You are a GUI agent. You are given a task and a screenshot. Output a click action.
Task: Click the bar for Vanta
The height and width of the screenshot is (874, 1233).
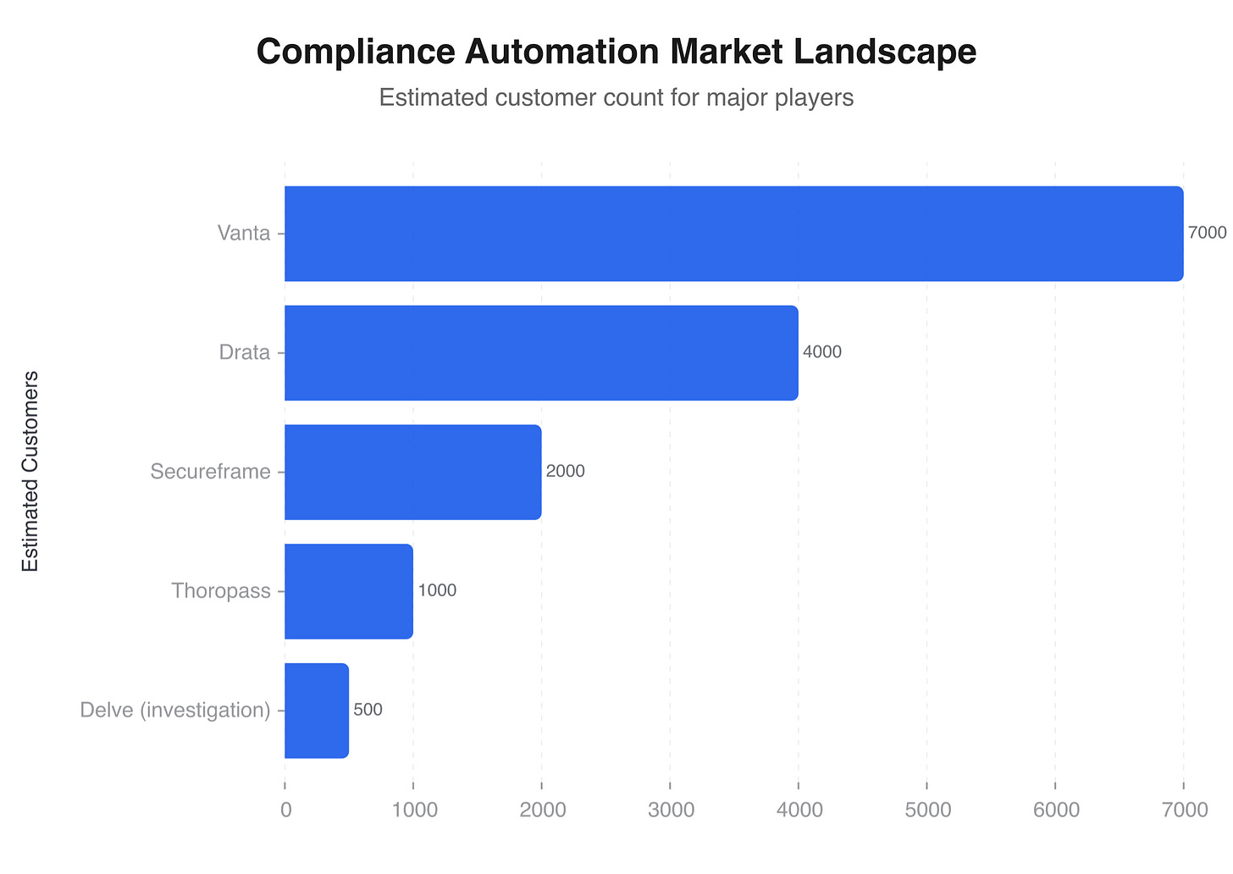pyautogui.click(x=733, y=234)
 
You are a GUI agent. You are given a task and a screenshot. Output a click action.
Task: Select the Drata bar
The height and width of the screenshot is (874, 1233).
pyautogui.click(x=541, y=353)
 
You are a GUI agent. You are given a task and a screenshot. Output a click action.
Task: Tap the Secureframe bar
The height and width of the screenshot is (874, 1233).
pyautogui.click(x=412, y=472)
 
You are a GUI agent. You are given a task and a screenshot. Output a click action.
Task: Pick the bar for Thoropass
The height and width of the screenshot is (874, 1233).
pyautogui.click(x=349, y=591)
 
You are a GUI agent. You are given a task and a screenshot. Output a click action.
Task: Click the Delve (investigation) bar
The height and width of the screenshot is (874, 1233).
pyautogui.click(x=317, y=711)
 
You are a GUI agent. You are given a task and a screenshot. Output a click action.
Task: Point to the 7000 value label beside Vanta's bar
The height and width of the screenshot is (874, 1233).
pyautogui.click(x=1207, y=233)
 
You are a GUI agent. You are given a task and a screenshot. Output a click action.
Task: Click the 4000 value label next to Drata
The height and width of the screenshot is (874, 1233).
pyautogui.click(x=821, y=352)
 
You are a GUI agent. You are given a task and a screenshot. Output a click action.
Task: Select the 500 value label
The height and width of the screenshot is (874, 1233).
pyautogui.click(x=368, y=710)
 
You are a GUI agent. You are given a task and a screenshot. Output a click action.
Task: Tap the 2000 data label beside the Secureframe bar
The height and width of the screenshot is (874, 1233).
pyautogui.click(x=565, y=472)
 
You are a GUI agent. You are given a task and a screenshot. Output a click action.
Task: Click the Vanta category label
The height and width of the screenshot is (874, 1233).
pyautogui.click(x=244, y=234)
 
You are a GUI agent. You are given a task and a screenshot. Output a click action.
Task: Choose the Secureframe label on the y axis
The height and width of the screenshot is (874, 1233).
pyautogui.click(x=210, y=472)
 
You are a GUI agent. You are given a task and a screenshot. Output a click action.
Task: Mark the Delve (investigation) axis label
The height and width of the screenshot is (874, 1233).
pyautogui.click(x=175, y=711)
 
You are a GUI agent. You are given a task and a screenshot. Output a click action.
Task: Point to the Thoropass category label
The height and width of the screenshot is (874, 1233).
pyautogui.click(x=220, y=591)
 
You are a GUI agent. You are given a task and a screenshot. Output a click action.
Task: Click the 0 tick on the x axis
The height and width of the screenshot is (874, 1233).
pyautogui.click(x=285, y=810)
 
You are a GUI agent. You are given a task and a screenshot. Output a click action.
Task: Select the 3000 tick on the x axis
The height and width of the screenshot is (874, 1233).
pyautogui.click(x=670, y=810)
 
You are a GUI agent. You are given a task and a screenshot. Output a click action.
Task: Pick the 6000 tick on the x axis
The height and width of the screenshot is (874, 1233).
pyautogui.click(x=1055, y=810)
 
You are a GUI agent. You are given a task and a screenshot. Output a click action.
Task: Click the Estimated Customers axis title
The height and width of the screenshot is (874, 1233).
pyautogui.click(x=30, y=471)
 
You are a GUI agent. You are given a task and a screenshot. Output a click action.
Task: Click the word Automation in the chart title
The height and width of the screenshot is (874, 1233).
pyautogui.click(x=565, y=52)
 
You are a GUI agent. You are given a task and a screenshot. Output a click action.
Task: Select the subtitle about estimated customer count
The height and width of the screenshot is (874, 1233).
pyautogui.click(x=616, y=98)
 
